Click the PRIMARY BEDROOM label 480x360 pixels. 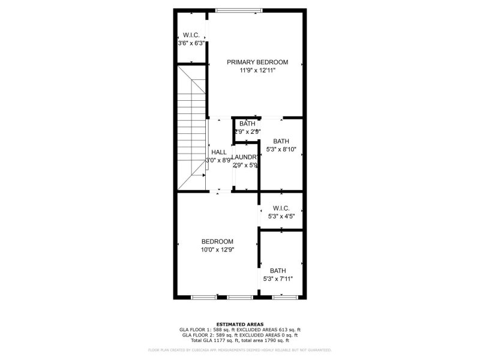tap(257, 62)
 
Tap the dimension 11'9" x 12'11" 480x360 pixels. tap(257, 70)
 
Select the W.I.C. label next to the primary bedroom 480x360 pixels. tap(191, 35)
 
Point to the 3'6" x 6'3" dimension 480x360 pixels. tap(191, 43)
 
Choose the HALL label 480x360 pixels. tap(218, 152)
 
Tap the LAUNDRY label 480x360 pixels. tap(245, 157)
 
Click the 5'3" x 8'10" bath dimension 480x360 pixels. tap(281, 149)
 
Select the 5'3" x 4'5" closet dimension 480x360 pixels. tap(281, 216)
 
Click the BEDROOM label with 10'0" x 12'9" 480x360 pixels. tap(217, 241)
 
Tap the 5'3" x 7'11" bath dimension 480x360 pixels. tap(278, 278)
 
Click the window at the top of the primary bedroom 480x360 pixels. tap(239, 10)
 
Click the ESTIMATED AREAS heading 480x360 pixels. tap(239, 324)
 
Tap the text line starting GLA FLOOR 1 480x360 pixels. tap(239, 329)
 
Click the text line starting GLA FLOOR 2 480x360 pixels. tap(239, 335)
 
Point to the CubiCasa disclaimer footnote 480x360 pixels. tap(239, 350)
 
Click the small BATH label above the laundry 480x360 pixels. tap(247, 124)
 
